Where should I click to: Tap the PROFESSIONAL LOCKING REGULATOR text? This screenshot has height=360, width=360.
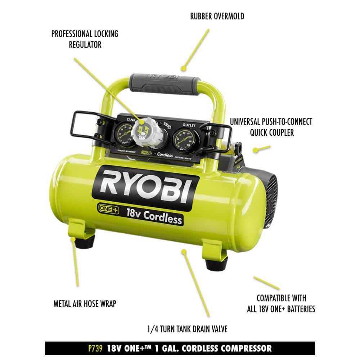click(85, 39)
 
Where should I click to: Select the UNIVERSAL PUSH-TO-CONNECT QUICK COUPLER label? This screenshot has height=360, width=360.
click(271, 127)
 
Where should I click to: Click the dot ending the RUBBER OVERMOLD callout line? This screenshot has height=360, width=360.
click(183, 68)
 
